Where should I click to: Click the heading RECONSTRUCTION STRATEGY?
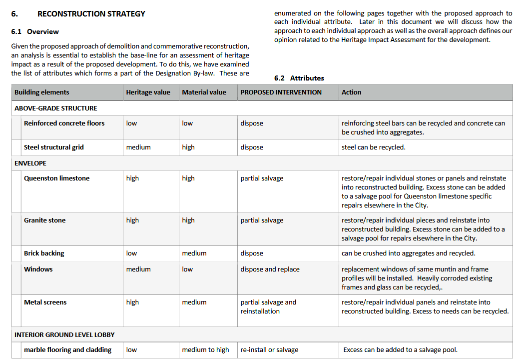point(91,14)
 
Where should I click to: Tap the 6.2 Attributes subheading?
point(299,78)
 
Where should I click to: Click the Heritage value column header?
point(148,92)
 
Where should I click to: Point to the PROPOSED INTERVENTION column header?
point(281,92)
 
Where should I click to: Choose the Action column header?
point(351,92)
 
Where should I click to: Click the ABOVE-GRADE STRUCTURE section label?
point(56,108)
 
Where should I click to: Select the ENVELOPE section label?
point(30,163)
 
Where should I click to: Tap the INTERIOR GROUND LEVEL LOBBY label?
point(64,334)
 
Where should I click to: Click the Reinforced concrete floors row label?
point(64,123)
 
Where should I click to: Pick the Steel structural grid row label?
point(54,147)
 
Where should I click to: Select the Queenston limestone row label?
point(57,178)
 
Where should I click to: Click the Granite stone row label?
point(45,220)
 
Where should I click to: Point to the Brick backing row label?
point(44,253)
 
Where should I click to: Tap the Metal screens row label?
point(45,302)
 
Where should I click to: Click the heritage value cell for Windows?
point(138,269)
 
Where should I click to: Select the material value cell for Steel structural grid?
point(188,147)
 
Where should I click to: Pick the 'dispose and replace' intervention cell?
point(270,269)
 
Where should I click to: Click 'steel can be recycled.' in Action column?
point(374,147)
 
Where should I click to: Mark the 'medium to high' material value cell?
point(205,349)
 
